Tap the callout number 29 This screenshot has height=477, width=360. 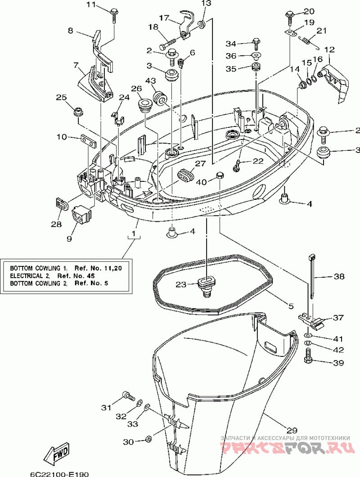click(292, 430)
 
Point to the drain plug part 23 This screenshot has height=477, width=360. click(206, 286)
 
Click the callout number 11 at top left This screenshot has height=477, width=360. click(91, 5)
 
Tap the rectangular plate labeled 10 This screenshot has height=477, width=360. click(88, 140)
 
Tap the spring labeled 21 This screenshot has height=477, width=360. click(306, 40)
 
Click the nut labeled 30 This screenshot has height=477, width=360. click(149, 438)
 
